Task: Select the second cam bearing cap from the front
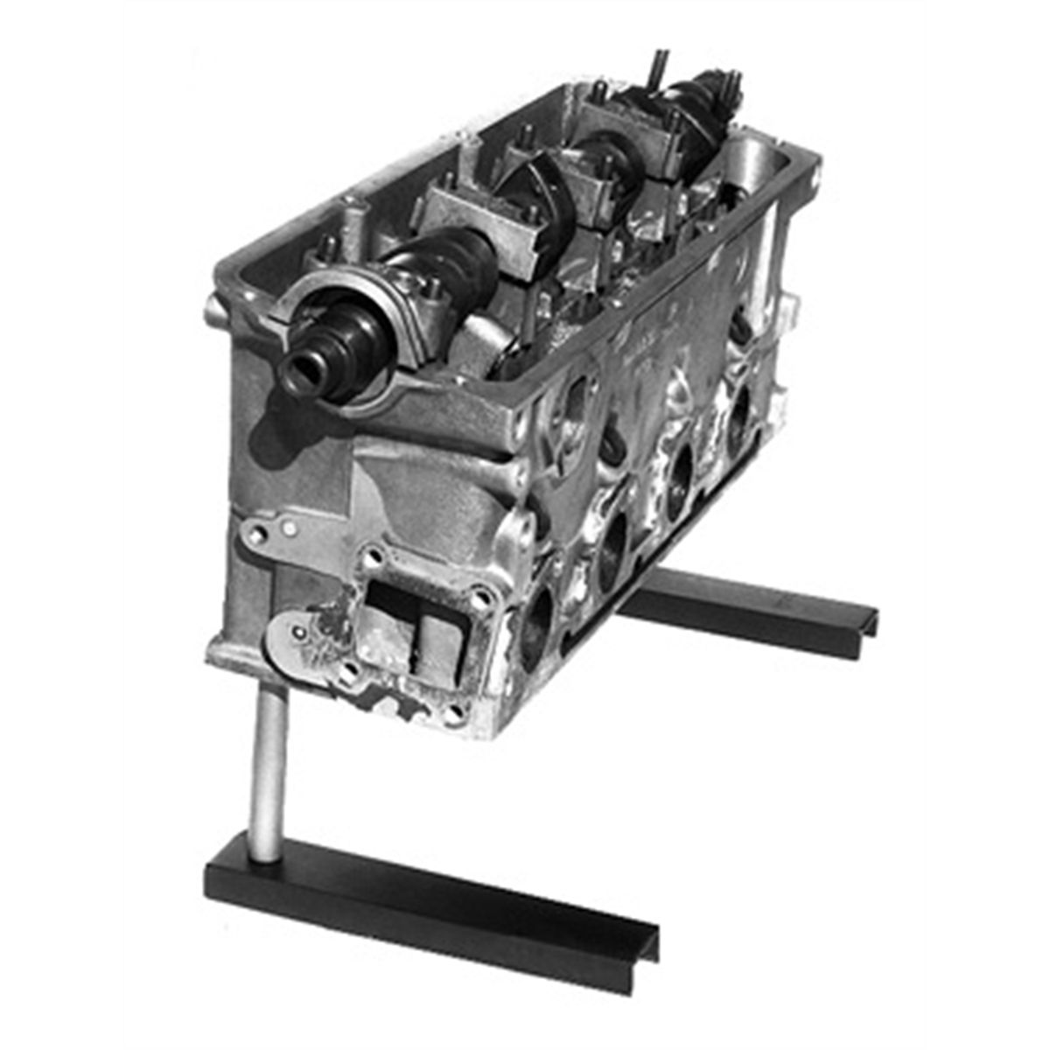[x=472, y=219]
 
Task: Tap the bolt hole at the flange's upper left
[x=374, y=554]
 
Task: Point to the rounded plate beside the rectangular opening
[x=297, y=639]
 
